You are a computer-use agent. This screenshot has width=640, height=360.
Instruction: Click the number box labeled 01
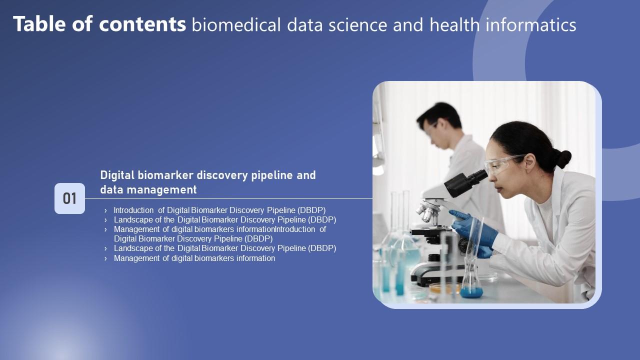[69, 198]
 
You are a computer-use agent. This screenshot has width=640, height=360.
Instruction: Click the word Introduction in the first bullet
[133, 210]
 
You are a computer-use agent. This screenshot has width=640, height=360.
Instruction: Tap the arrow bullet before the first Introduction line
[105, 210]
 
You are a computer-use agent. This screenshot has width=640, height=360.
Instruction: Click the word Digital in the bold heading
[118, 175]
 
